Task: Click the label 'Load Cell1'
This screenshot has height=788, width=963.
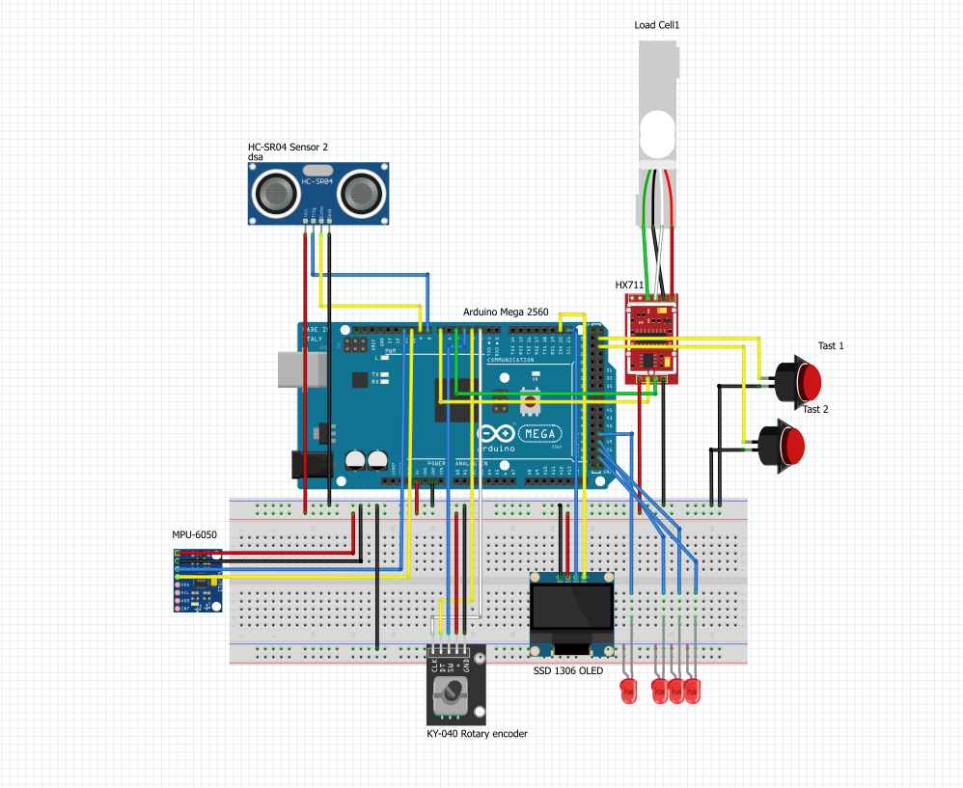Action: coord(656,25)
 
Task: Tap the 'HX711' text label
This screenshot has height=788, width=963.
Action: coord(629,285)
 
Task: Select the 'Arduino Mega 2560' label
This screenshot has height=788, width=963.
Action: coord(506,312)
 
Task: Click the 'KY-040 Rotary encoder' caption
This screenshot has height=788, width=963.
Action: coord(478,734)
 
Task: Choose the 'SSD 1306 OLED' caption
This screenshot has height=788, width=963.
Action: coord(567,670)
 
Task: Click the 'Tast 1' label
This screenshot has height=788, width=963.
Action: coord(830,345)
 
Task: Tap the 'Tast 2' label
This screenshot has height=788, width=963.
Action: coord(815,409)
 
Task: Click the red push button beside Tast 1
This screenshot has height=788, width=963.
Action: coord(805,381)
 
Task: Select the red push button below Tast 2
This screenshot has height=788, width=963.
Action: coord(790,445)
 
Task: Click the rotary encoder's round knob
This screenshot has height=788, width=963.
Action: coord(451,693)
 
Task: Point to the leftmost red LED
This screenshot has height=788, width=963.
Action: coord(628,691)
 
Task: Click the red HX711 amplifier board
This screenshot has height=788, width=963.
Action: coord(652,338)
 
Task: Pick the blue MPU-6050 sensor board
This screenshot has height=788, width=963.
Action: coord(199,581)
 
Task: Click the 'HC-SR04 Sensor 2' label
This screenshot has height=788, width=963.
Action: coord(288,147)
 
